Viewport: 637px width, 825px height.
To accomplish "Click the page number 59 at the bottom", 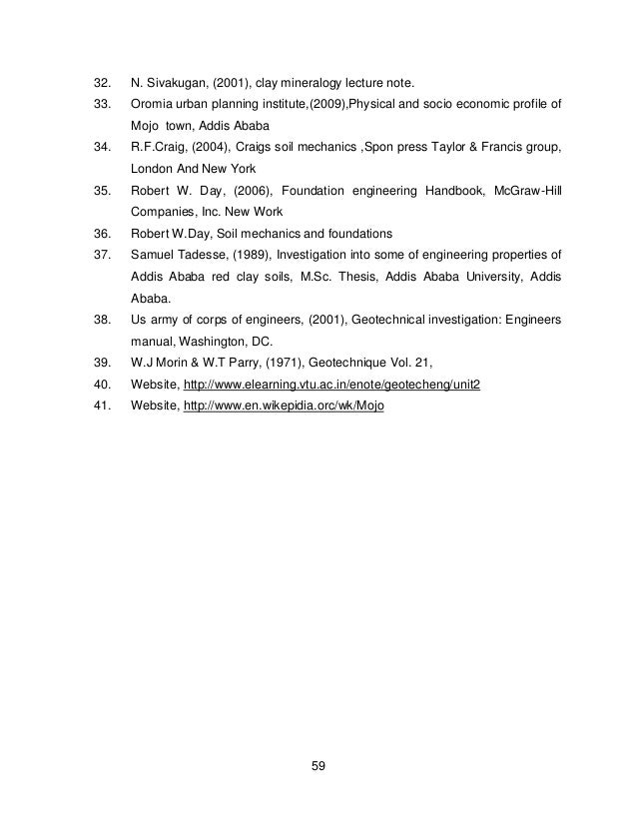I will point(318,766).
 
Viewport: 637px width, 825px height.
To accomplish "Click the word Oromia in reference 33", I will point(151,104).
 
